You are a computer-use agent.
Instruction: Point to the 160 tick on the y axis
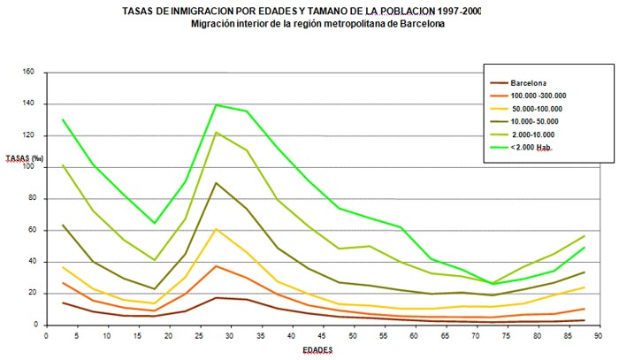point(28,72)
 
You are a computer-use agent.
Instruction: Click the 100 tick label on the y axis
point(28,166)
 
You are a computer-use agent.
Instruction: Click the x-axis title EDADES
point(319,351)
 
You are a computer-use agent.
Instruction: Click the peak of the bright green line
point(217,104)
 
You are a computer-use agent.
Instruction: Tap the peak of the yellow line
point(217,229)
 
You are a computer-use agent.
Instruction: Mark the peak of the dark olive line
point(217,183)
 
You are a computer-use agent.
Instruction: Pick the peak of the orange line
point(217,265)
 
